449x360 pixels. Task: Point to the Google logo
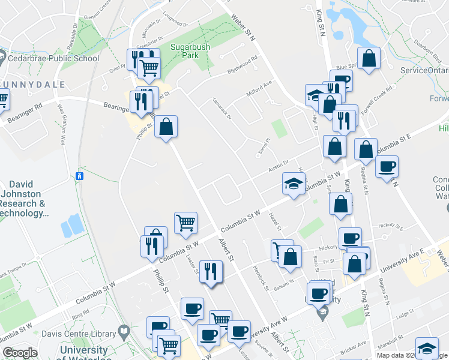(x=20, y=353)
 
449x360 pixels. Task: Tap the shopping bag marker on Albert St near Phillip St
(x=166, y=127)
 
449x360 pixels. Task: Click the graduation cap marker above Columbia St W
(x=294, y=184)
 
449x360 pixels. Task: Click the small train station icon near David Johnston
(x=79, y=176)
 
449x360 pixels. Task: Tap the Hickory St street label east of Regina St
(x=390, y=226)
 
